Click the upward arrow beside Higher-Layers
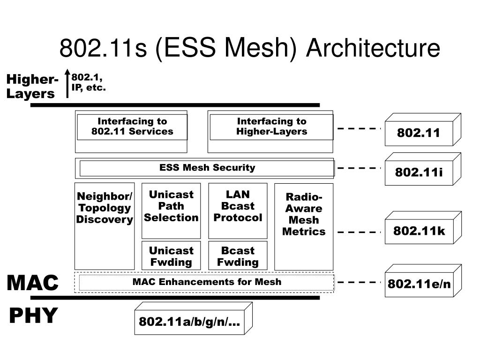click(67, 83)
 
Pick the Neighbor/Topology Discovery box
click(105, 226)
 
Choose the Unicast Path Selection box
click(171, 211)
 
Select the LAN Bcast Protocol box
click(238, 211)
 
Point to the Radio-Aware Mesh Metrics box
click(304, 227)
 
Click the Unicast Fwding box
click(171, 255)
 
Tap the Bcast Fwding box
click(238, 255)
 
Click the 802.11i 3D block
click(423, 169)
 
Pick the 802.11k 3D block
click(423, 227)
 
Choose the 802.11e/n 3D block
click(423, 281)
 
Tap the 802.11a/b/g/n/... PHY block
click(194, 318)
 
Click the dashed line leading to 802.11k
click(359, 232)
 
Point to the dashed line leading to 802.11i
click(359, 168)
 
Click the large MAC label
click(33, 283)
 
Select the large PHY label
click(33, 315)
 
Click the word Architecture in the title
click(373, 48)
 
